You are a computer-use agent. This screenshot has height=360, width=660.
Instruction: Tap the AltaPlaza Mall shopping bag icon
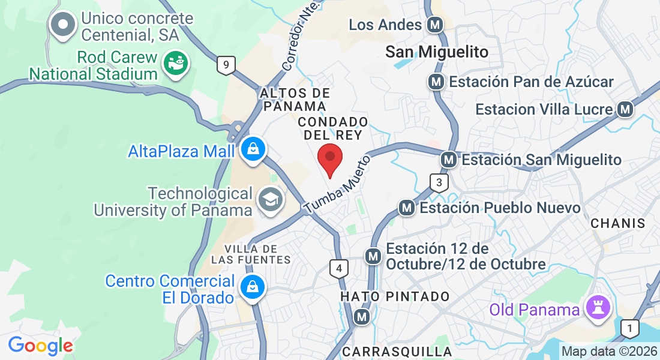point(253,150)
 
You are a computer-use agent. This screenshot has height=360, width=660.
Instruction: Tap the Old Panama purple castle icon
point(598,309)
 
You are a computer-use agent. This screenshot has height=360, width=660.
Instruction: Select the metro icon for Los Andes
point(434,25)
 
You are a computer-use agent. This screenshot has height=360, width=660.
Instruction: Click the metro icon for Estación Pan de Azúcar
point(436,82)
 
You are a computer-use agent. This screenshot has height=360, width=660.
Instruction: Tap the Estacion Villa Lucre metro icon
point(626,109)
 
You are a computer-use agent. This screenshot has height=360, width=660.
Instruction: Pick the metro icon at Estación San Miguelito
point(448,160)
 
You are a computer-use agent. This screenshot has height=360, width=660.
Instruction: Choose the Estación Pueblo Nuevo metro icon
point(407,208)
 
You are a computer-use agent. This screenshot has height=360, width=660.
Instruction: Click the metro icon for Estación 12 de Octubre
point(374,256)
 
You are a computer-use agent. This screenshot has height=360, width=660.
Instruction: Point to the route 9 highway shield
point(226,65)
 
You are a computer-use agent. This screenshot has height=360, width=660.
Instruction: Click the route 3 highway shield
point(439,182)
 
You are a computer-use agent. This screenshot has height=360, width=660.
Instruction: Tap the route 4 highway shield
point(339,268)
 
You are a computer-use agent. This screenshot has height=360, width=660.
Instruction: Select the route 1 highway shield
point(629,328)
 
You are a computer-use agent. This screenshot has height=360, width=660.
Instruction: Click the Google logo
point(41,346)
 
